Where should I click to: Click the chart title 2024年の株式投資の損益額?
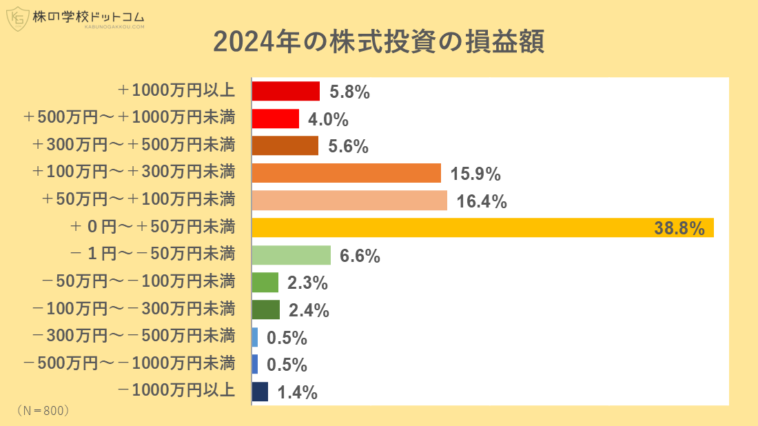tap(378, 42)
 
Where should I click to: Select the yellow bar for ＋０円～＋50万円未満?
tap(482, 227)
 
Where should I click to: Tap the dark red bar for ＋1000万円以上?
tap(285, 91)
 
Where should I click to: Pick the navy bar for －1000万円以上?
tap(260, 392)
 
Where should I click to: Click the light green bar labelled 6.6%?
tap(291, 255)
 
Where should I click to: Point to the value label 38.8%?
tap(679, 228)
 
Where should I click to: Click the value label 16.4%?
tap(482, 201)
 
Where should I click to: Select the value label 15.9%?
tap(475, 174)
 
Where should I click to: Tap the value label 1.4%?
tap(297, 393)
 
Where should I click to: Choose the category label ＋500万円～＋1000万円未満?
tap(129, 118)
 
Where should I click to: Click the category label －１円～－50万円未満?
tap(152, 254)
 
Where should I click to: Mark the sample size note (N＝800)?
tap(43, 410)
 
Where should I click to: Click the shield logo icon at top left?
tap(17, 19)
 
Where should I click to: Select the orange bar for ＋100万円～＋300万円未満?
tap(346, 173)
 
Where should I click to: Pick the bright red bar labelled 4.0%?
tap(275, 119)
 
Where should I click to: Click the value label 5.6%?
tap(349, 146)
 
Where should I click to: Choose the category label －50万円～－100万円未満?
tap(139, 282)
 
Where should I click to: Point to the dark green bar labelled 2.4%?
tap(265, 310)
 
